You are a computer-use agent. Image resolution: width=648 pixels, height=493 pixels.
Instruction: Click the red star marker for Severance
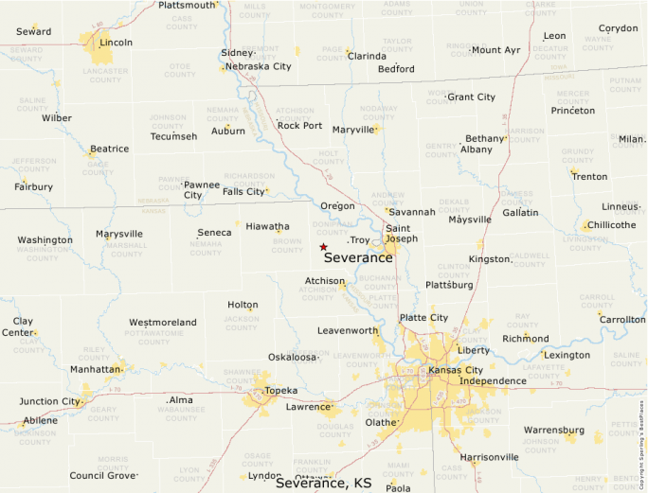[323, 246]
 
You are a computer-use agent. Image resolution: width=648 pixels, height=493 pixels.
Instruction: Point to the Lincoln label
[116, 43]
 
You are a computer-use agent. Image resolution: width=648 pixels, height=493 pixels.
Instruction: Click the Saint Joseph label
[401, 233]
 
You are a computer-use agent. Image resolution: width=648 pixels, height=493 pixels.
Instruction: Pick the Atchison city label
[324, 281]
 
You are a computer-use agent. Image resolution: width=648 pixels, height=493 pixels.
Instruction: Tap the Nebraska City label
[256, 66]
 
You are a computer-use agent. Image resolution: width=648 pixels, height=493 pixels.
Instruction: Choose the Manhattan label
[96, 368]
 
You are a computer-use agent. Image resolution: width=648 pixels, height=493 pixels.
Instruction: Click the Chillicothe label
[611, 225]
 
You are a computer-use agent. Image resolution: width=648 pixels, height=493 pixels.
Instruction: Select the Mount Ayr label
[495, 50]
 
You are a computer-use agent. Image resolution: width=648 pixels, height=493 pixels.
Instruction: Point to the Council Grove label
[102, 475]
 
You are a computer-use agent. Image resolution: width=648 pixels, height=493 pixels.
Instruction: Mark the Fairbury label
[33, 186]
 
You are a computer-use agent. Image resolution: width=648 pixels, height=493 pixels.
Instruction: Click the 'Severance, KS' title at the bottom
[323, 483]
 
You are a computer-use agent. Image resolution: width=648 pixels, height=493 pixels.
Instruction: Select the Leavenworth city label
[347, 330]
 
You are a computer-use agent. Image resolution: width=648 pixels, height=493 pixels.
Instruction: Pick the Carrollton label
[621, 319]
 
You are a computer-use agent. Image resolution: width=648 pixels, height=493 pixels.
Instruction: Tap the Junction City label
[50, 401]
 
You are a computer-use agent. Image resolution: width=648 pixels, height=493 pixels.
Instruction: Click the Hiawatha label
[267, 226]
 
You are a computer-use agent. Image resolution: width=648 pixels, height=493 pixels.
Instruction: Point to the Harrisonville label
[489, 457]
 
